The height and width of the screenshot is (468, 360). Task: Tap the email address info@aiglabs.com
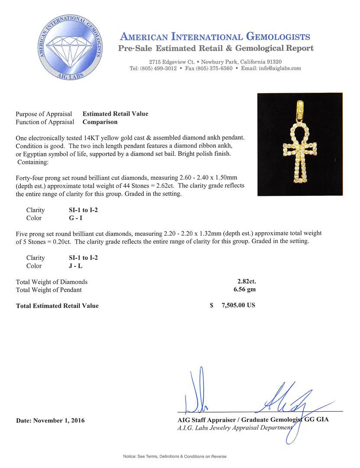[277, 68]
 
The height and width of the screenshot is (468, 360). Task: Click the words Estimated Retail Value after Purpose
[115, 114]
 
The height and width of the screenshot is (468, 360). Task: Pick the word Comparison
[100, 122]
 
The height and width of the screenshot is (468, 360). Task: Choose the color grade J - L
[70, 266]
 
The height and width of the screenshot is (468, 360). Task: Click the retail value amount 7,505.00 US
[238, 305]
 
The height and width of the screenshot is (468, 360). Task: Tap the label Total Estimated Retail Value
[57, 306]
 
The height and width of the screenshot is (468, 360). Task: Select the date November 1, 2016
[50, 420]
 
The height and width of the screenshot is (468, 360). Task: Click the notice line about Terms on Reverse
[175, 456]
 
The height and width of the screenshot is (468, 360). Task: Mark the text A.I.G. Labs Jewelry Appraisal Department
[235, 428]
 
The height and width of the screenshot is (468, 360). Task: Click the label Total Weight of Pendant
[49, 290]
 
